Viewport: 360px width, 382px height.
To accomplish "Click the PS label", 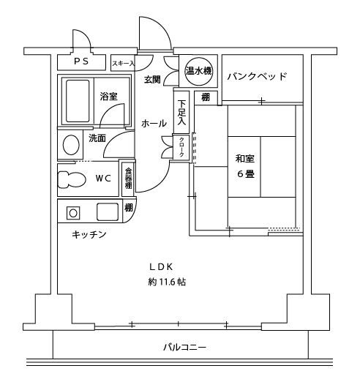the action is pyautogui.click(x=81, y=61).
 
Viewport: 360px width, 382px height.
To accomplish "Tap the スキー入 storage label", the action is pyautogui.click(x=123, y=64).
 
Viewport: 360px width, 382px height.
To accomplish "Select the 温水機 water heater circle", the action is pyautogui.click(x=198, y=71).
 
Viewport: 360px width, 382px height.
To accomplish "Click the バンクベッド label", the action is pyautogui.click(x=257, y=76).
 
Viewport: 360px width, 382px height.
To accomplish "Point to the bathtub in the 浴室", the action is pyautogui.click(x=78, y=101).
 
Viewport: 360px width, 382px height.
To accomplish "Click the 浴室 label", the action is pyautogui.click(x=109, y=97).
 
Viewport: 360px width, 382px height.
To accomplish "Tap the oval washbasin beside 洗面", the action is pyautogui.click(x=71, y=145).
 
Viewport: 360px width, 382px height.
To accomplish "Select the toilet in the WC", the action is pyautogui.click(x=71, y=180).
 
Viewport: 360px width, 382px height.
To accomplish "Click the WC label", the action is pyautogui.click(x=103, y=179).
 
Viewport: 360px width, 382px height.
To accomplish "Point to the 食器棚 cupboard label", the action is pyautogui.click(x=128, y=178).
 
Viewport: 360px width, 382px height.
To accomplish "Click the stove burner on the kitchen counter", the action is pyautogui.click(x=73, y=213).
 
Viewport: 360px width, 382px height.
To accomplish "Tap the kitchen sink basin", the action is pyautogui.click(x=108, y=212).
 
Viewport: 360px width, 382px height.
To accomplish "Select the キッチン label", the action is pyautogui.click(x=89, y=235).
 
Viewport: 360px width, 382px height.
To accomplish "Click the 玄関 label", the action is pyautogui.click(x=152, y=79).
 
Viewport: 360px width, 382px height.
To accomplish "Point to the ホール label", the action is pyautogui.click(x=154, y=124).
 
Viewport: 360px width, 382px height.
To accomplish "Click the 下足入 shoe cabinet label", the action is pyautogui.click(x=181, y=113).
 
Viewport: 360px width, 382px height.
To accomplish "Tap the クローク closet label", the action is pyautogui.click(x=181, y=147).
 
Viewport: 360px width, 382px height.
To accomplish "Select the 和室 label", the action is pyautogui.click(x=245, y=159).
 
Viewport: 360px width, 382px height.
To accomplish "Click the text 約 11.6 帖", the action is pyautogui.click(x=167, y=282).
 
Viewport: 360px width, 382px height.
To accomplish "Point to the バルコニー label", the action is pyautogui.click(x=184, y=347).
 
